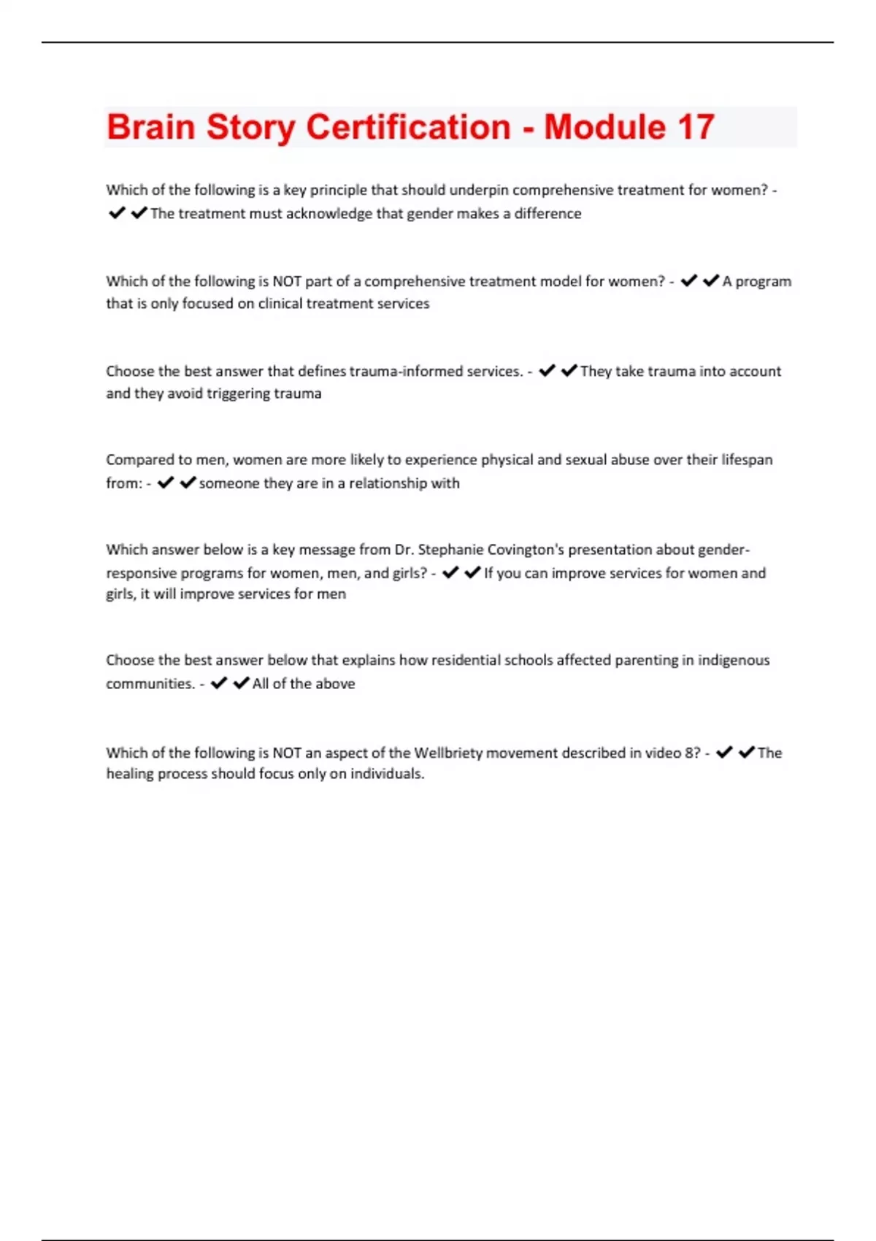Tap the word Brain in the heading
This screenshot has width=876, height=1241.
(150, 127)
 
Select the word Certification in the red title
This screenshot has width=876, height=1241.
(408, 127)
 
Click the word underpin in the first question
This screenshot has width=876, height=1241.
(479, 190)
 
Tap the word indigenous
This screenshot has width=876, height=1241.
(734, 660)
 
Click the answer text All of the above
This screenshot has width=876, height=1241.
(304, 684)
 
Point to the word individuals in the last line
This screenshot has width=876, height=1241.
(386, 774)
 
